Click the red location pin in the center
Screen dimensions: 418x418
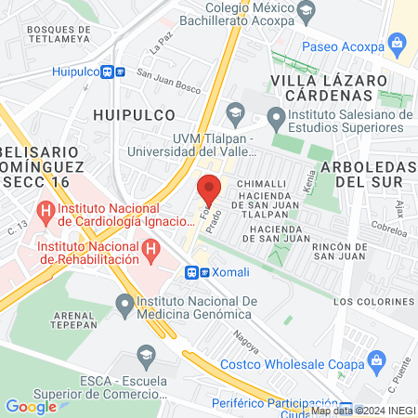click(x=209, y=190)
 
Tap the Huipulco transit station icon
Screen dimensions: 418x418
click(x=110, y=71)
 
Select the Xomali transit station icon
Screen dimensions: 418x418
click(x=191, y=272)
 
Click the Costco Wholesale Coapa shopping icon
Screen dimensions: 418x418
click(x=376, y=359)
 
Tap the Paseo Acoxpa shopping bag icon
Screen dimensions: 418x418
click(x=398, y=42)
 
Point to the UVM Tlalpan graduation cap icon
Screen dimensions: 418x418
click(x=236, y=112)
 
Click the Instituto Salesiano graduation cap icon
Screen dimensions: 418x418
click(x=275, y=116)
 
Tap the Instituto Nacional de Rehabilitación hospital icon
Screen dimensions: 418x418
click(x=149, y=248)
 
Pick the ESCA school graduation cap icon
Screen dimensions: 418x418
click(x=145, y=354)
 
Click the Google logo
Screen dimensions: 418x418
click(x=31, y=406)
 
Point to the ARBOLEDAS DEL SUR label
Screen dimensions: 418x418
click(x=366, y=173)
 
